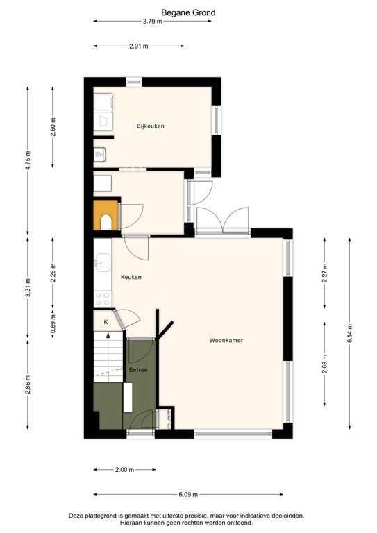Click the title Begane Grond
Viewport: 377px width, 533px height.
[x=188, y=12]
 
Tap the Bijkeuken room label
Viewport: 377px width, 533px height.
[x=150, y=126]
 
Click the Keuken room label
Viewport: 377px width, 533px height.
[x=131, y=277]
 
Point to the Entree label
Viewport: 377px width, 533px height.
[x=138, y=371]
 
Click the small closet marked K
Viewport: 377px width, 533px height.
[x=106, y=322]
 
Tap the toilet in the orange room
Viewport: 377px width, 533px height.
[x=106, y=221]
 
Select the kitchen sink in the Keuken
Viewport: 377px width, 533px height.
[x=103, y=262]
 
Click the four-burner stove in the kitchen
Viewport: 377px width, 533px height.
[x=103, y=298]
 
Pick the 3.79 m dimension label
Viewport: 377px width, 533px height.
[x=152, y=22]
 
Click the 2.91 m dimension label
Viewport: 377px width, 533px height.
[x=140, y=46]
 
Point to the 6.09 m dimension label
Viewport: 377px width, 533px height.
[x=187, y=495]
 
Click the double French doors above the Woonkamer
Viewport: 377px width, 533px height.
[x=221, y=221]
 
